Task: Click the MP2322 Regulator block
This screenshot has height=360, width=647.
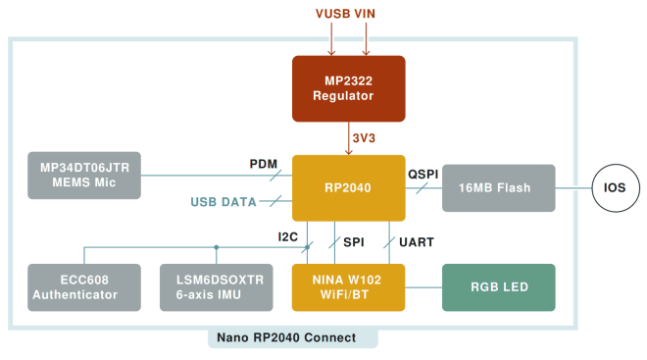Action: [349, 88]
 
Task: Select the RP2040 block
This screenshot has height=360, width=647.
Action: [349, 187]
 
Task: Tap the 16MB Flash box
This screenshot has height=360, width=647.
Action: [499, 187]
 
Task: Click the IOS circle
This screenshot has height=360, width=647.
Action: [613, 187]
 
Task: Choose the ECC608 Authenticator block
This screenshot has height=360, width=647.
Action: [84, 287]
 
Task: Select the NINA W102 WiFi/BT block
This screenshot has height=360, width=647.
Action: [349, 287]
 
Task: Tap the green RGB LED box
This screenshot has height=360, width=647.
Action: [499, 287]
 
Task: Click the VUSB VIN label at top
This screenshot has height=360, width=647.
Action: [349, 16]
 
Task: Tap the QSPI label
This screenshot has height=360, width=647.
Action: [425, 174]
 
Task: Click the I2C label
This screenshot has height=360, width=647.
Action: [288, 235]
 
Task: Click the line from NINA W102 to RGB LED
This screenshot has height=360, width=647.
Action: [423, 287]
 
